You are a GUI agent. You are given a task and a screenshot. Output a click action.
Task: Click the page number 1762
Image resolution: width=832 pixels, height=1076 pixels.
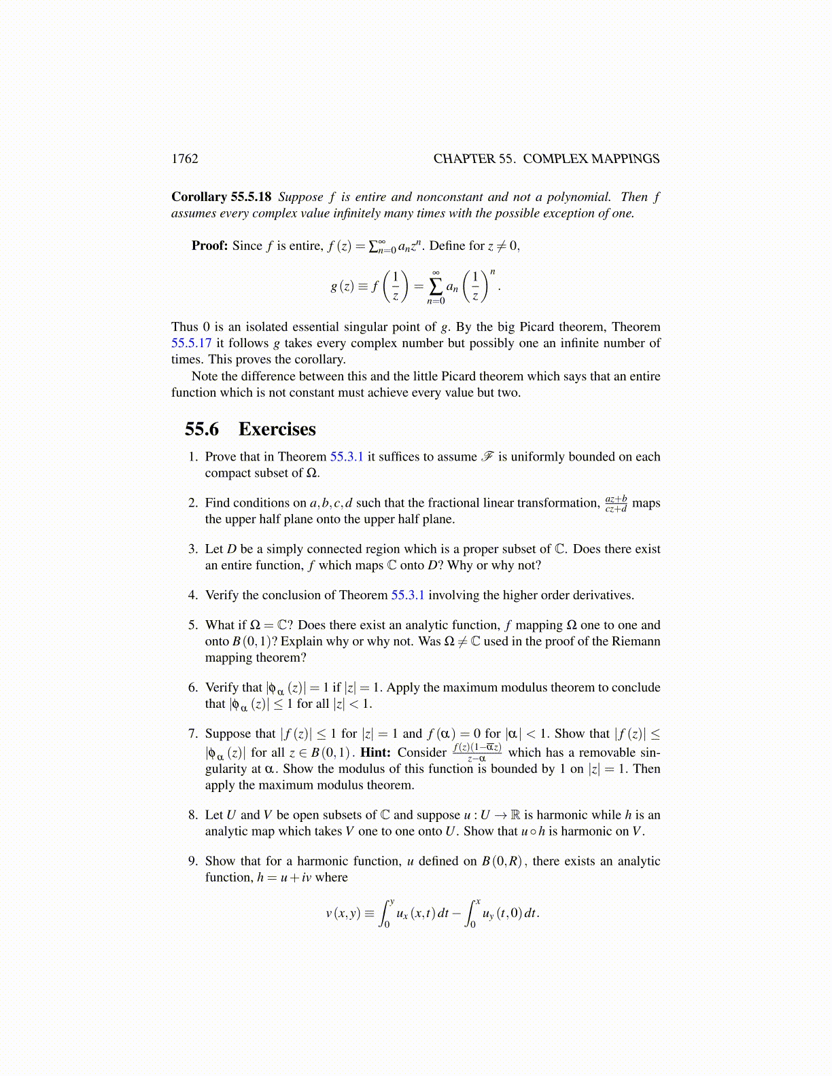185,159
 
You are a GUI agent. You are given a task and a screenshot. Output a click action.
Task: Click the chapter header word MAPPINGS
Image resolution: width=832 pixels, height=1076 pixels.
625,159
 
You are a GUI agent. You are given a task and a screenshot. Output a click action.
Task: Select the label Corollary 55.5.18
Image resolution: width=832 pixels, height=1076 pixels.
221,197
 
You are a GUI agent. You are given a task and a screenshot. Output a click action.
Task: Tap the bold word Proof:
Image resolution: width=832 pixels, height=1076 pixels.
209,246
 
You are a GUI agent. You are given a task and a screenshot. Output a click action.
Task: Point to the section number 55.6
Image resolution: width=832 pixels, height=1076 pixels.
202,429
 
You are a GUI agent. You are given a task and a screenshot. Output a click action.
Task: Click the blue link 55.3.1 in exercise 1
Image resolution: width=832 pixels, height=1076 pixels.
347,456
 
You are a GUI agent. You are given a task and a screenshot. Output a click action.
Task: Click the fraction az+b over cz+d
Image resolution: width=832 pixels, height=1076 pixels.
616,503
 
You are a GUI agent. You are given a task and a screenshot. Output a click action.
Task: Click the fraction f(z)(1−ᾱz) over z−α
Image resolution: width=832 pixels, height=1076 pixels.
477,753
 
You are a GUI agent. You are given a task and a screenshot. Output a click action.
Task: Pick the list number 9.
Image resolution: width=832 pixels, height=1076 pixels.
193,861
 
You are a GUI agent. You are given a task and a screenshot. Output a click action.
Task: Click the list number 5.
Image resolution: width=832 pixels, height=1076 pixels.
193,625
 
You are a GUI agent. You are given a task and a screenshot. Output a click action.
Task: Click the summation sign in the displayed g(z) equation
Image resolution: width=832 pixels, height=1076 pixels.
436,287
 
